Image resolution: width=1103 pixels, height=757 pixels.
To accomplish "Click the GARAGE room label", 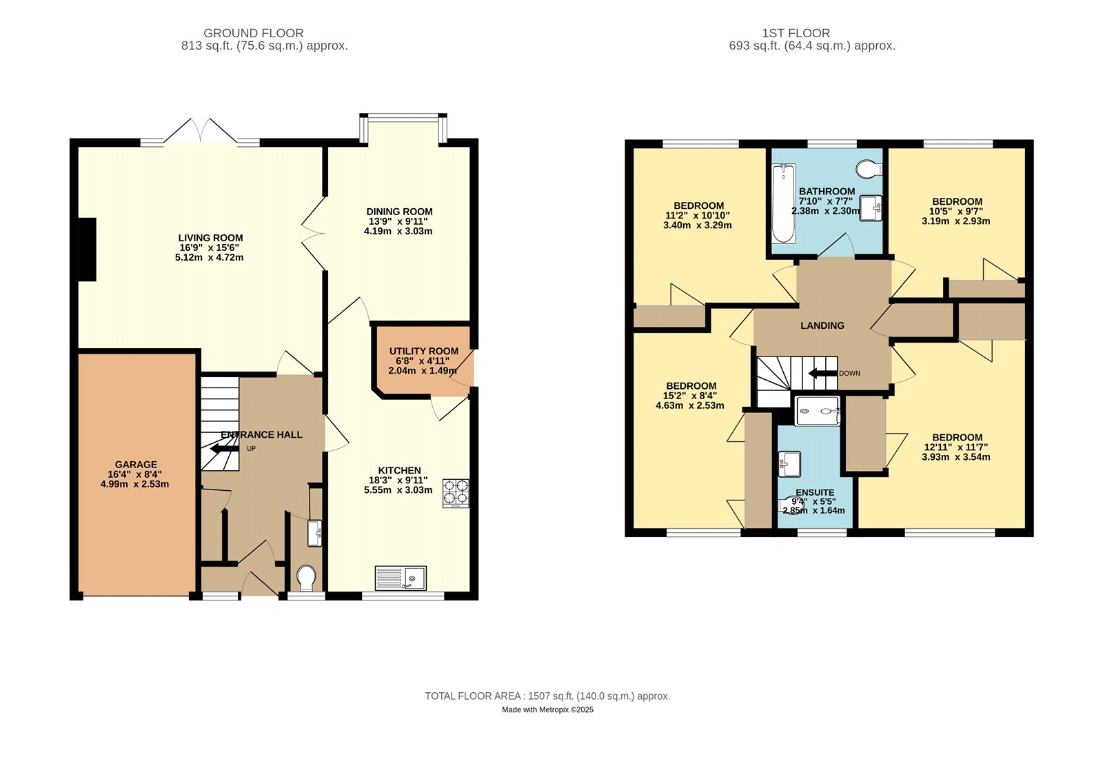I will (x=136, y=465).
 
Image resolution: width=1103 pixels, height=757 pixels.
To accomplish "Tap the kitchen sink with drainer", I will (x=401, y=578).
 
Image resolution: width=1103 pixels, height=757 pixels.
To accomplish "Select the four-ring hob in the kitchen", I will (x=456, y=494).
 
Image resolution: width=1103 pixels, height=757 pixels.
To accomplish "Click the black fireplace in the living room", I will (x=87, y=250).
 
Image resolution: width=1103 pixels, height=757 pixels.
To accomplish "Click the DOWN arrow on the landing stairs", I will (x=822, y=374).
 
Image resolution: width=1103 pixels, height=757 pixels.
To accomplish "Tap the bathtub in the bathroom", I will (x=783, y=203).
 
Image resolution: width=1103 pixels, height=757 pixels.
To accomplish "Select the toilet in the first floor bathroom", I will (x=870, y=168).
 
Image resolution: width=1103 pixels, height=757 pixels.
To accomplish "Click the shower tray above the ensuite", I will (x=818, y=412).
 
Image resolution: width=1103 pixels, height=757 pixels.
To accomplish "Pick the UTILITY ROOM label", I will (x=423, y=351).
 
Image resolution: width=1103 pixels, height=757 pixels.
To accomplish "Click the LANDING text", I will (x=822, y=325).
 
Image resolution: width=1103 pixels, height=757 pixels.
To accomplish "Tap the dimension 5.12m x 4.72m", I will (x=210, y=257).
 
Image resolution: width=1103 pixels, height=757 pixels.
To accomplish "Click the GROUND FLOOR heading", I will (x=253, y=33).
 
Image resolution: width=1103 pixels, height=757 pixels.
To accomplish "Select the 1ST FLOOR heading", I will (x=796, y=33).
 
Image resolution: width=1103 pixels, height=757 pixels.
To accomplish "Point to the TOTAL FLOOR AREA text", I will (x=547, y=696).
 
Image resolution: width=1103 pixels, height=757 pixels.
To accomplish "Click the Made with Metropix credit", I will (x=547, y=709).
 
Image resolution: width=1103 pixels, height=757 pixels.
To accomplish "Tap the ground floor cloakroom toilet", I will (x=306, y=578).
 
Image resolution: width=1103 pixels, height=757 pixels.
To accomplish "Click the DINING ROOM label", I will (x=399, y=212).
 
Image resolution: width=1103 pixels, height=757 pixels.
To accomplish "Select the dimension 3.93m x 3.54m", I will (x=955, y=456).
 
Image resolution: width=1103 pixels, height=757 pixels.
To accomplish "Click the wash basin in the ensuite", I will (x=789, y=464).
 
